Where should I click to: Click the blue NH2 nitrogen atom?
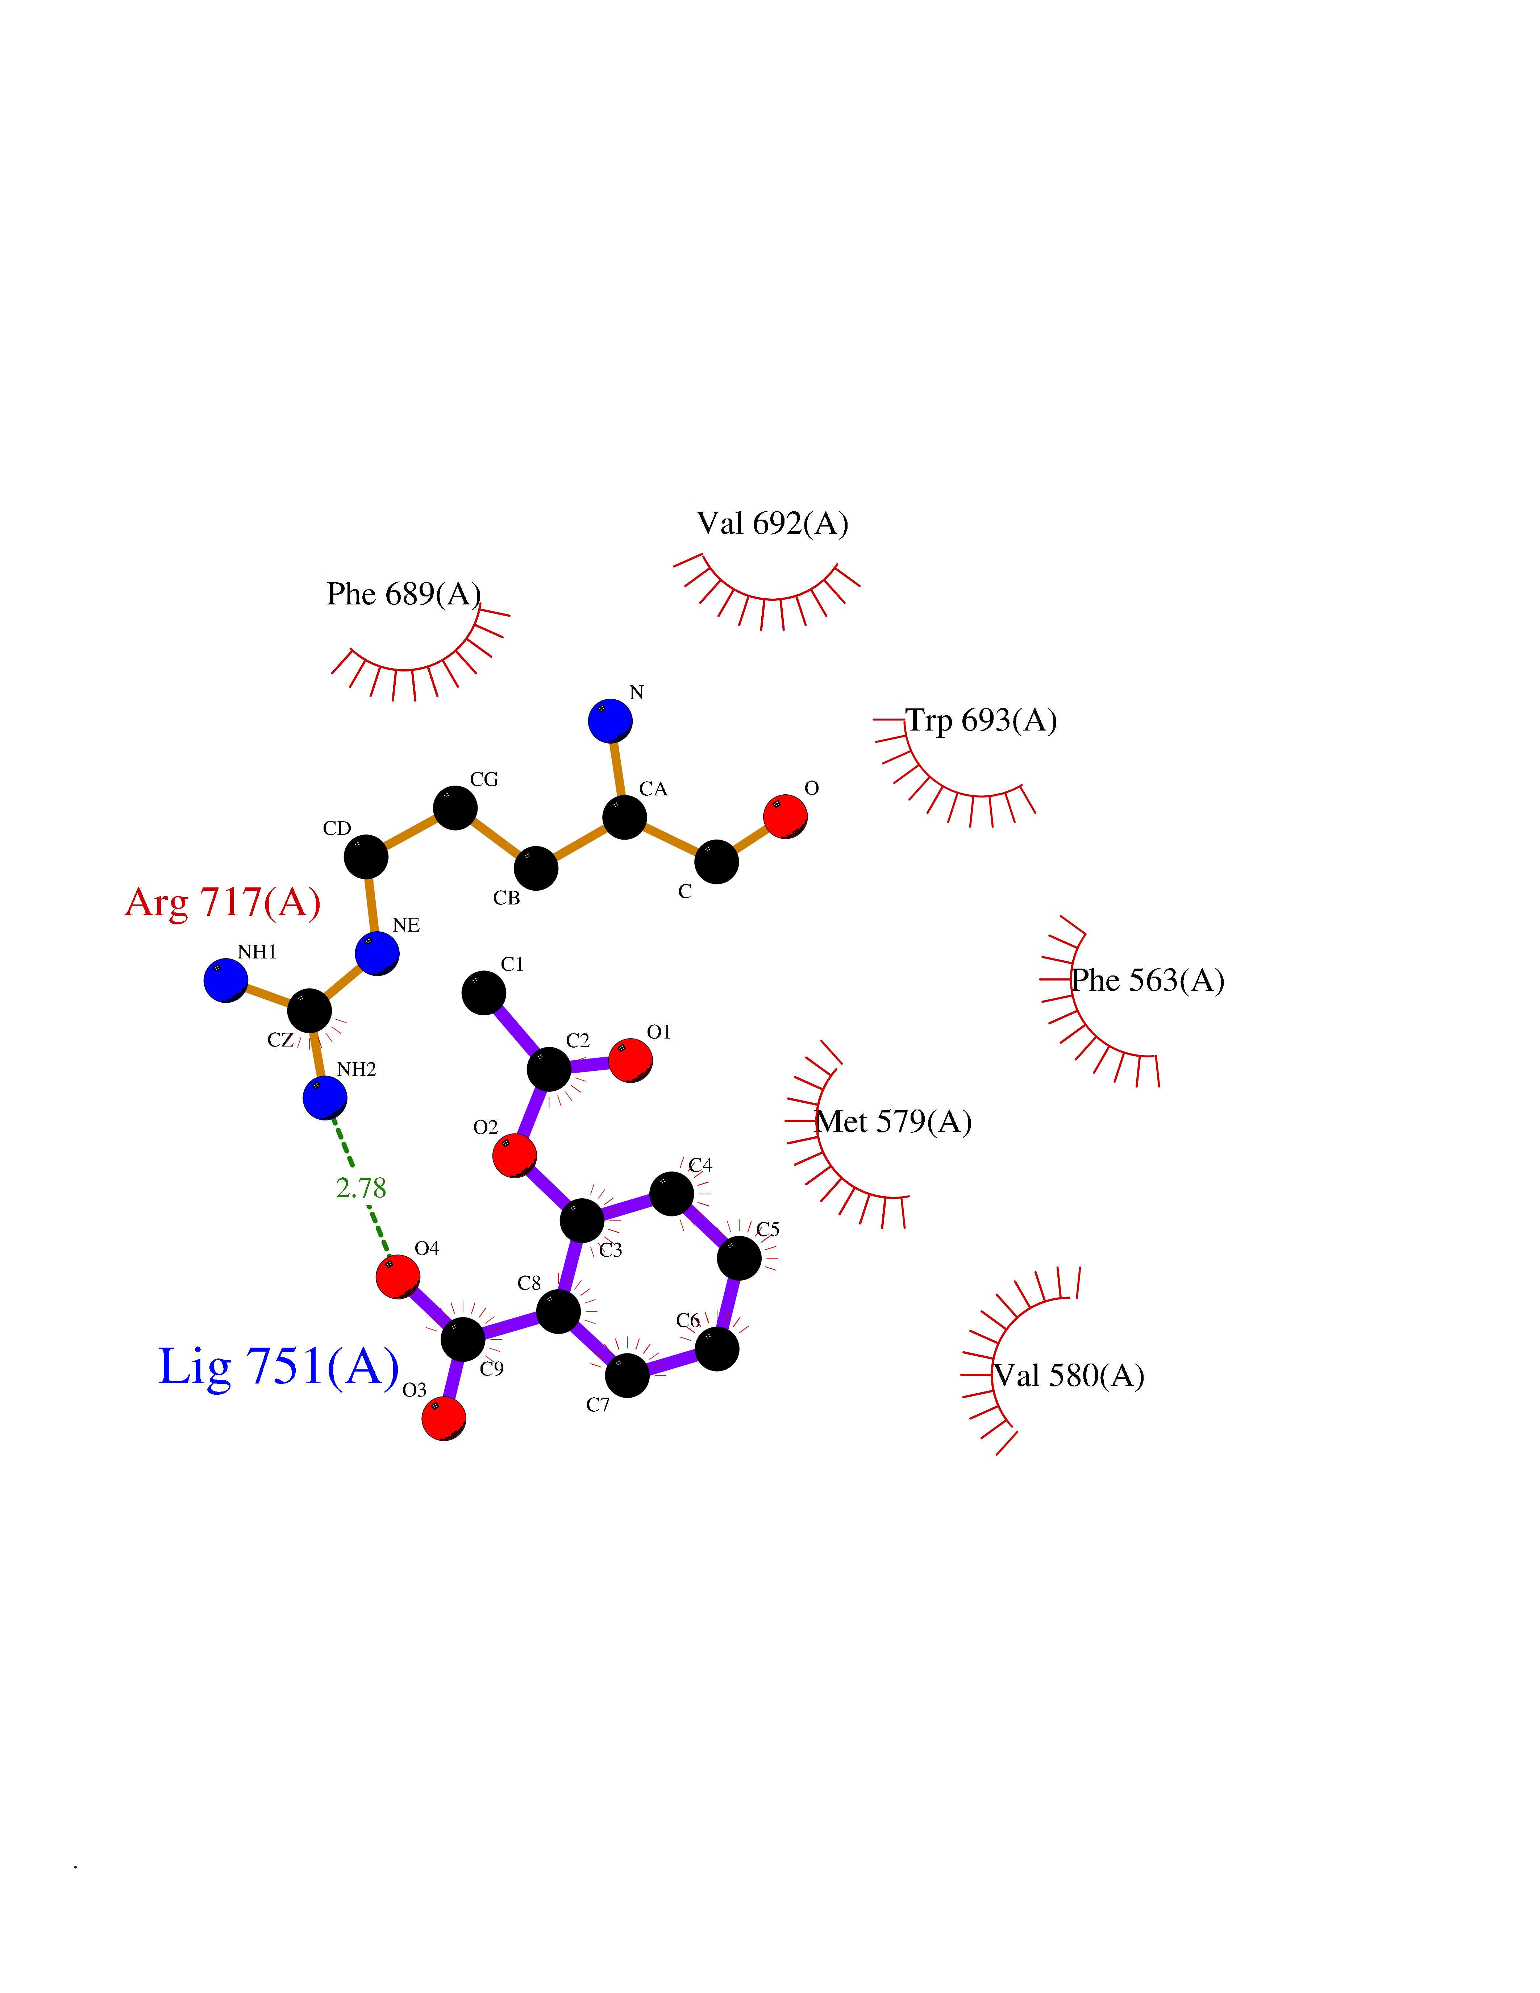tap(325, 1097)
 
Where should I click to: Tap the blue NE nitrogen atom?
tap(377, 954)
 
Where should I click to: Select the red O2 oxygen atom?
tap(515, 1155)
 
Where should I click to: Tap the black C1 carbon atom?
tap(484, 993)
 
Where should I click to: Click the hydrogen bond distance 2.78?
tap(361, 1188)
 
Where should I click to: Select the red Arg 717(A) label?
tap(222, 903)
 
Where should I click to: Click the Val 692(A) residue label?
tap(772, 524)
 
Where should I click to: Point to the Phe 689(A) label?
tap(403, 594)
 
